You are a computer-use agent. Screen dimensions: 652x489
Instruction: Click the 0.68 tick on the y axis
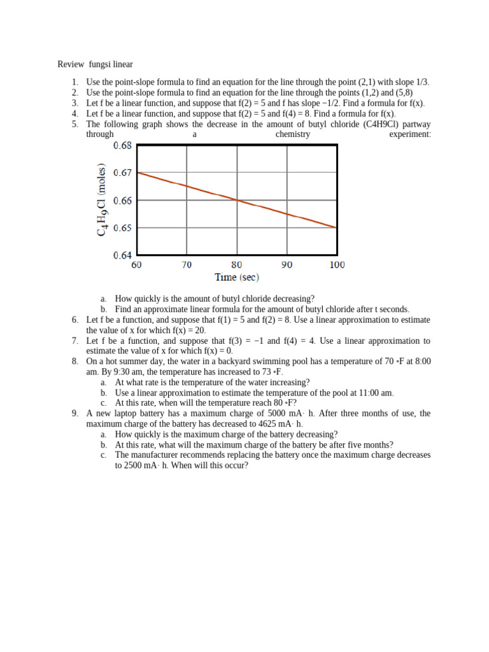(122, 146)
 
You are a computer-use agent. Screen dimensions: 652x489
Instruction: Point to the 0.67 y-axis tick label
(122, 173)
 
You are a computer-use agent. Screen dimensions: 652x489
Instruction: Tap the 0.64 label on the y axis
(122, 255)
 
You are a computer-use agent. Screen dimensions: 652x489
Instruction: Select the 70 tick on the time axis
(187, 265)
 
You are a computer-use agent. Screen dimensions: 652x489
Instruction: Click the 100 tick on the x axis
(337, 265)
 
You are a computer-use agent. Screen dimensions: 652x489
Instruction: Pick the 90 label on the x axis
(287, 265)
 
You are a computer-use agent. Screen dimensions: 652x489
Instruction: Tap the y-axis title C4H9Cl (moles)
(102, 201)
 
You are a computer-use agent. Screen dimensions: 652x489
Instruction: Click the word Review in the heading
(71, 64)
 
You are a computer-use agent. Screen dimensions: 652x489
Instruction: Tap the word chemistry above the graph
(293, 134)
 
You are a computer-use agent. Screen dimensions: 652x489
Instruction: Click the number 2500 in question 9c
(127, 465)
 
